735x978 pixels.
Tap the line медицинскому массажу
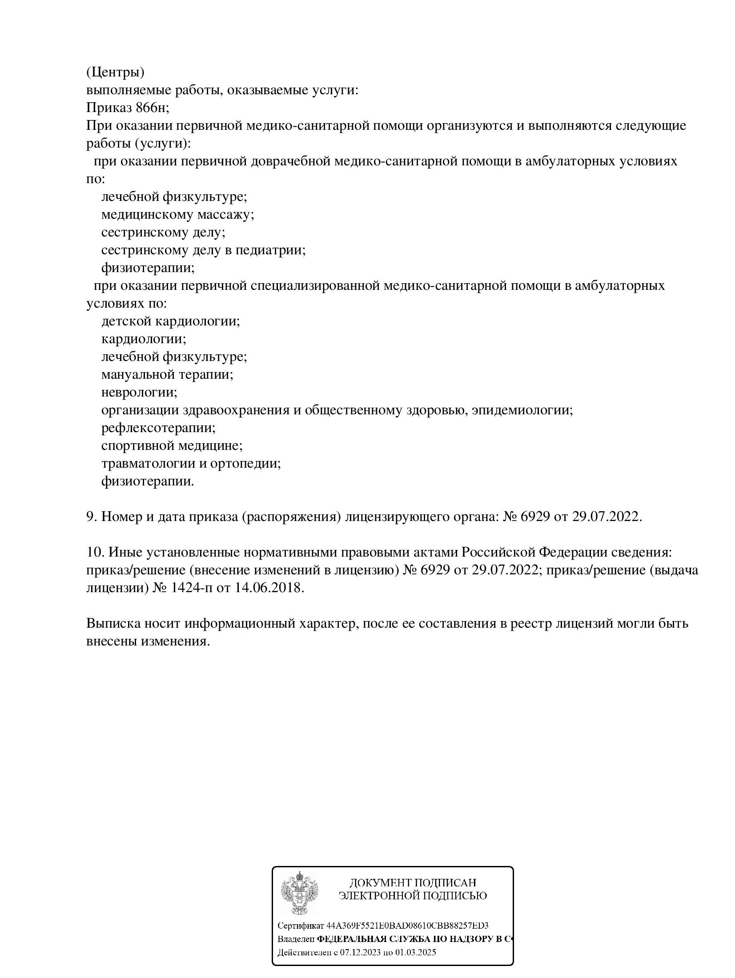pyautogui.click(x=177, y=215)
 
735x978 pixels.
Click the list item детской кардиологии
pyautogui.click(x=171, y=321)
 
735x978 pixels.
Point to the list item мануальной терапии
pyautogui.click(x=168, y=375)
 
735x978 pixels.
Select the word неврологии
pyautogui.click(x=139, y=393)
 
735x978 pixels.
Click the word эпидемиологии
pyautogui.click(x=522, y=410)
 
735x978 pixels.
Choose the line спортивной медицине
pyautogui.click(x=172, y=446)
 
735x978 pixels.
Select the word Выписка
pyautogui.click(x=112, y=624)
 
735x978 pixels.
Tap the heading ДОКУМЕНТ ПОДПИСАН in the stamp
pyautogui.click(x=413, y=883)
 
